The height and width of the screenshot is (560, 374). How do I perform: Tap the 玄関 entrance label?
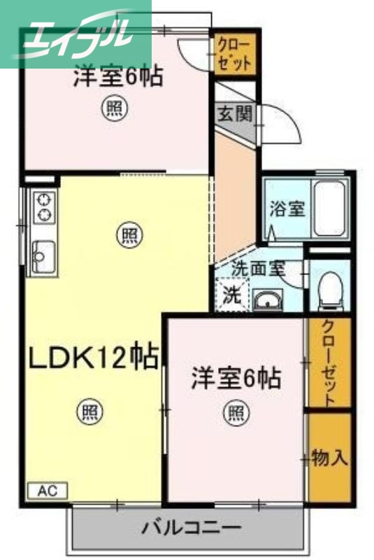233,114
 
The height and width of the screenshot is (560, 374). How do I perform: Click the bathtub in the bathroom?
330,208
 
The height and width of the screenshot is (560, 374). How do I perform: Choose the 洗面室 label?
257,267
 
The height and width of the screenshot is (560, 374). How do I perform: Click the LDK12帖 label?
92,358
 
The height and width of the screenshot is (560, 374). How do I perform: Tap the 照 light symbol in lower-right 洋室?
235,412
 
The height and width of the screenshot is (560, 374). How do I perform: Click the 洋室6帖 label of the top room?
117,75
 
